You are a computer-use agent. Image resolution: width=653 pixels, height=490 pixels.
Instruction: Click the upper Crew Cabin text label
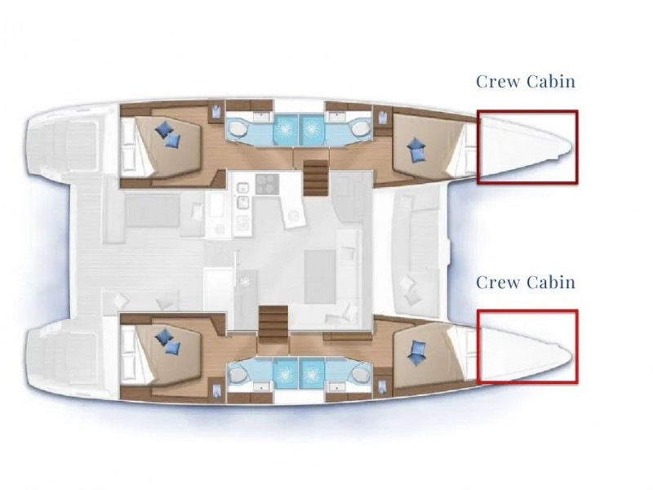coord(526,81)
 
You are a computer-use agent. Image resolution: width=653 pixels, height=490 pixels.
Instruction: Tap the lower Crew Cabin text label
coord(526,282)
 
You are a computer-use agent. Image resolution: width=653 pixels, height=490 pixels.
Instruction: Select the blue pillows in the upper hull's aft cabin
coord(168,134)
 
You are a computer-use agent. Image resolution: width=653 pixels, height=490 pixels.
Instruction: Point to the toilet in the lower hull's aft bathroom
coord(238,375)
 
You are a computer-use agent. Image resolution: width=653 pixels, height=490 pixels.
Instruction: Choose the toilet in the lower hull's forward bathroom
coord(360,375)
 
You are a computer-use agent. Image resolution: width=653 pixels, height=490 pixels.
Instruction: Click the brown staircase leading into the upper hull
coord(315,178)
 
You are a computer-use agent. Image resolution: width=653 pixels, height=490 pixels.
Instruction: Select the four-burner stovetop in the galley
coord(267,184)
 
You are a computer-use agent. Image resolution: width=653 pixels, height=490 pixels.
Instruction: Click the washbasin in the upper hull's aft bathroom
coord(261,116)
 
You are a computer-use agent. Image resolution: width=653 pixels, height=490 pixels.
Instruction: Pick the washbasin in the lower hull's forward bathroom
coord(335,387)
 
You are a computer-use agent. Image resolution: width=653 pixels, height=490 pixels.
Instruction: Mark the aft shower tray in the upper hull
coord(285,129)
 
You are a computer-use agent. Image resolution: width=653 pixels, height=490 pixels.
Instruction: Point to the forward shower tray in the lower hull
coord(312,373)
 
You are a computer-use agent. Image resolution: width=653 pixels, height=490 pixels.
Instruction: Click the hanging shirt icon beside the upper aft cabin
coord(215,112)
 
